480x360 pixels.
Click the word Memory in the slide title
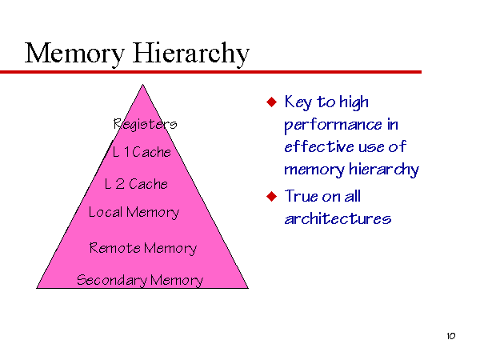[x=74, y=54]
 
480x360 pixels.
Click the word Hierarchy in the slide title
[x=191, y=54]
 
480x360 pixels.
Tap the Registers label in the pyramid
[x=145, y=124]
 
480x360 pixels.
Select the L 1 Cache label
[x=142, y=152]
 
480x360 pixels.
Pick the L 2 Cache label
[x=136, y=184]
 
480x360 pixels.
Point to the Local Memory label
[x=134, y=213]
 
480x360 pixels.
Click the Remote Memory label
[x=143, y=248]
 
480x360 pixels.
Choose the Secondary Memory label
[x=140, y=280]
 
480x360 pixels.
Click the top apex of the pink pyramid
[x=142, y=85]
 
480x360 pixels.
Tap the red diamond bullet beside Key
[x=271, y=102]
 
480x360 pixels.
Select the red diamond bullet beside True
[x=271, y=196]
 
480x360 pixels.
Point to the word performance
[x=334, y=126]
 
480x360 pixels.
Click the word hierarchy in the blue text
[x=384, y=170]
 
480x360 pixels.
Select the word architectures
[x=338, y=219]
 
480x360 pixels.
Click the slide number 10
[x=451, y=336]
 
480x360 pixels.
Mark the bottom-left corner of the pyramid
[x=37, y=288]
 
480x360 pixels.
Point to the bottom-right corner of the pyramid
[x=248, y=288]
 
